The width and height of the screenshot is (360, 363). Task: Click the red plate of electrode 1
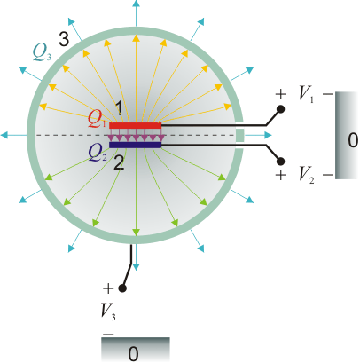click(x=136, y=126)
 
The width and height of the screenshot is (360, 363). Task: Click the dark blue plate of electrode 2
click(x=136, y=145)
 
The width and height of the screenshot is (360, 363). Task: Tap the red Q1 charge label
click(x=97, y=120)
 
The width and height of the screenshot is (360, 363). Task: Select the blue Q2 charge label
click(x=98, y=154)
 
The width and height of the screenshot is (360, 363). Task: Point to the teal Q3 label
click(x=42, y=53)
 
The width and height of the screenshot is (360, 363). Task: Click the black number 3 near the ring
click(x=64, y=39)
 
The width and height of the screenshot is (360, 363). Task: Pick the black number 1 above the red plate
click(x=119, y=108)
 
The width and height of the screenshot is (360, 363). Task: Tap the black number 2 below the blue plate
click(x=119, y=162)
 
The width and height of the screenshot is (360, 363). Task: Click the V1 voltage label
click(x=306, y=94)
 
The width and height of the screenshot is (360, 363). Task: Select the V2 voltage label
click(x=306, y=175)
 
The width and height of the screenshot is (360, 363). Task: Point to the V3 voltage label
click(x=108, y=312)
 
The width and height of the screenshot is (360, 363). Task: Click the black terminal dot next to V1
click(x=280, y=109)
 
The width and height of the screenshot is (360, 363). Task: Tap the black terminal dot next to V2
click(x=280, y=162)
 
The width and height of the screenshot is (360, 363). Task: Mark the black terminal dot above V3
click(x=122, y=288)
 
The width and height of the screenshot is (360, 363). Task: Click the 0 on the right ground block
click(x=353, y=140)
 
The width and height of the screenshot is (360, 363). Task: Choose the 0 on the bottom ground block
click(x=134, y=353)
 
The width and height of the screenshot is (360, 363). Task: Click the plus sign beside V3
click(x=108, y=288)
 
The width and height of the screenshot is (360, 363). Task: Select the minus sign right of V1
click(x=328, y=94)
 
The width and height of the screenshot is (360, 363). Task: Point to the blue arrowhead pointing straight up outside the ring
click(x=136, y=4)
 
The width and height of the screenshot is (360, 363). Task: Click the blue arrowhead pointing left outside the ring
click(x=4, y=135)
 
